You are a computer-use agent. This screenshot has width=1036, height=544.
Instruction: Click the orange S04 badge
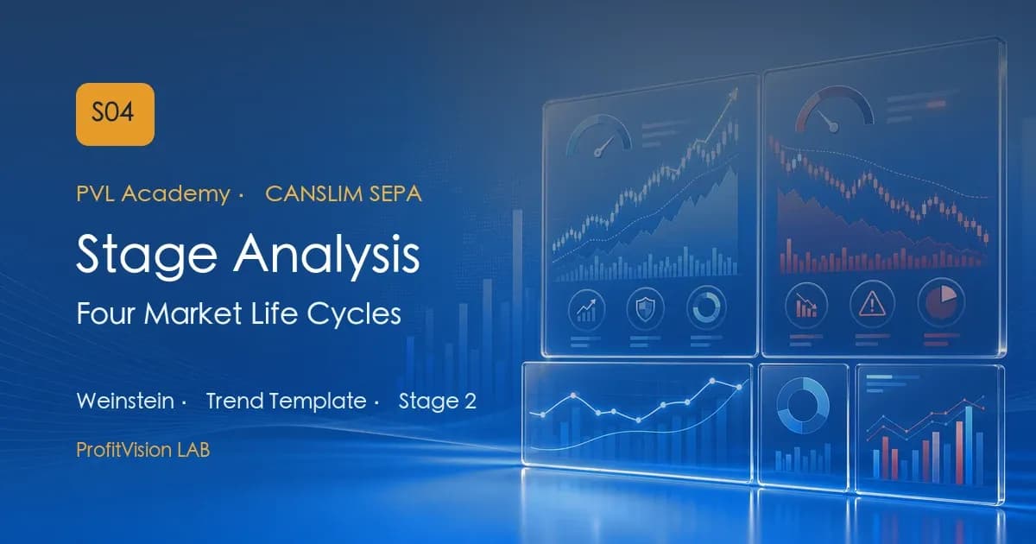pyautogui.click(x=115, y=114)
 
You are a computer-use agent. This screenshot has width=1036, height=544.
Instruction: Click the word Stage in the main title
pyautogui.click(x=147, y=256)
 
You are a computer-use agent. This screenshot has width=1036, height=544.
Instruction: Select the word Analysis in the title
pyautogui.click(x=327, y=254)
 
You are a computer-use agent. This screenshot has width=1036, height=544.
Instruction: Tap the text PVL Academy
pyautogui.click(x=153, y=193)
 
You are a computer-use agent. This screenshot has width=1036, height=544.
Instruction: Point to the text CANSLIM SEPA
pyautogui.click(x=344, y=193)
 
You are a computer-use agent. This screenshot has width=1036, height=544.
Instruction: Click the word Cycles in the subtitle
pyautogui.click(x=354, y=313)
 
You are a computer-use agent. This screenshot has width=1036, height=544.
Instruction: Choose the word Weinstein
pyautogui.click(x=125, y=401)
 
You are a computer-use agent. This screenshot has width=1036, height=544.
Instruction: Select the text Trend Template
pyautogui.click(x=287, y=401)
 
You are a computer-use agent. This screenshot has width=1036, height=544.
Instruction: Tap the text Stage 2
pyautogui.click(x=438, y=401)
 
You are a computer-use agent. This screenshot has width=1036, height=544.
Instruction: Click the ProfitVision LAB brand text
pyautogui.click(x=143, y=450)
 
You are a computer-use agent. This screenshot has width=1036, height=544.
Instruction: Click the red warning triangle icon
pyautogui.click(x=872, y=305)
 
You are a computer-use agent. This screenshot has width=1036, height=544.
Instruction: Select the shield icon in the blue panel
pyautogui.click(x=645, y=308)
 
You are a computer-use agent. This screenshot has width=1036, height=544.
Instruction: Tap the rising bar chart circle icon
pyautogui.click(x=586, y=310)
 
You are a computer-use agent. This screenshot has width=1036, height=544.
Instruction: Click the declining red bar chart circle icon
pyautogui.click(x=806, y=306)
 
